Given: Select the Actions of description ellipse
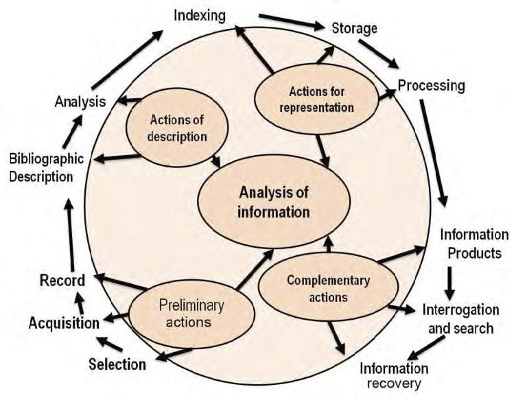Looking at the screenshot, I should pyautogui.click(x=177, y=128).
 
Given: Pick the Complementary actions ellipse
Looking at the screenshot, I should pyautogui.click(x=327, y=289).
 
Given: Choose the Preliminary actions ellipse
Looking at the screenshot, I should pyautogui.click(x=191, y=311).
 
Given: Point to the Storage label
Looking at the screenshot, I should pyautogui.click(x=354, y=28).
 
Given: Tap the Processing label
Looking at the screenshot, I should pyautogui.click(x=431, y=86).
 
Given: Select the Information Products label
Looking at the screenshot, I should pyautogui.click(x=474, y=244).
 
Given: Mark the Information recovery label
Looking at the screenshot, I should pyautogui.click(x=394, y=375).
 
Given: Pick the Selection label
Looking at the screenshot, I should pyautogui.click(x=117, y=364).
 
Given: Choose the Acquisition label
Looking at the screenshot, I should pyautogui.click(x=64, y=322).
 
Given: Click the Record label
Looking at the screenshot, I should pyautogui.click(x=62, y=280).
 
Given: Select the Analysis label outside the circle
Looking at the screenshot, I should pyautogui.click(x=80, y=102).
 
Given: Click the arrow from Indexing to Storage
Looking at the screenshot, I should pyautogui.click(x=292, y=22).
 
